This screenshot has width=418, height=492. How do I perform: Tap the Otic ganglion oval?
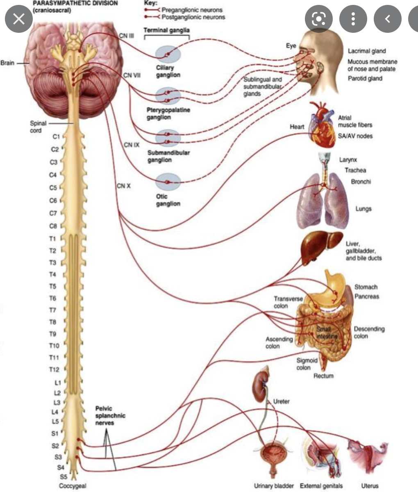pyautogui.click(x=168, y=182)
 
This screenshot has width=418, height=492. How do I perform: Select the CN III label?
pyautogui.click(x=127, y=36)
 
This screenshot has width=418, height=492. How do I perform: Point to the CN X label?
pyautogui.click(x=124, y=186)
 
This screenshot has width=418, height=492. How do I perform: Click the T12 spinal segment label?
pyautogui.click(x=54, y=369)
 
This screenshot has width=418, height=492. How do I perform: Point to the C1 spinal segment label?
pyautogui.click(x=57, y=136)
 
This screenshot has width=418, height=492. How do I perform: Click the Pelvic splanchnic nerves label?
pyautogui.click(x=110, y=415)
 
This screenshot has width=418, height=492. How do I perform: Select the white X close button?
pyautogui.click(x=18, y=19)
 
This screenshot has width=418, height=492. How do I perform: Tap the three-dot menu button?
pyautogui.click(x=353, y=19)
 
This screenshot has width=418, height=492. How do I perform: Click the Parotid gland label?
pyautogui.click(x=365, y=78)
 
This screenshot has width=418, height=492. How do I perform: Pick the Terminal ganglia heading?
pyautogui.click(x=167, y=30)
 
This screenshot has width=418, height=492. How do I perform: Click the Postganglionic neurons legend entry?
pyautogui.click(x=193, y=17)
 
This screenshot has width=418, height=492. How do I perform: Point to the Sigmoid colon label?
pyautogui.click(x=307, y=364)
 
